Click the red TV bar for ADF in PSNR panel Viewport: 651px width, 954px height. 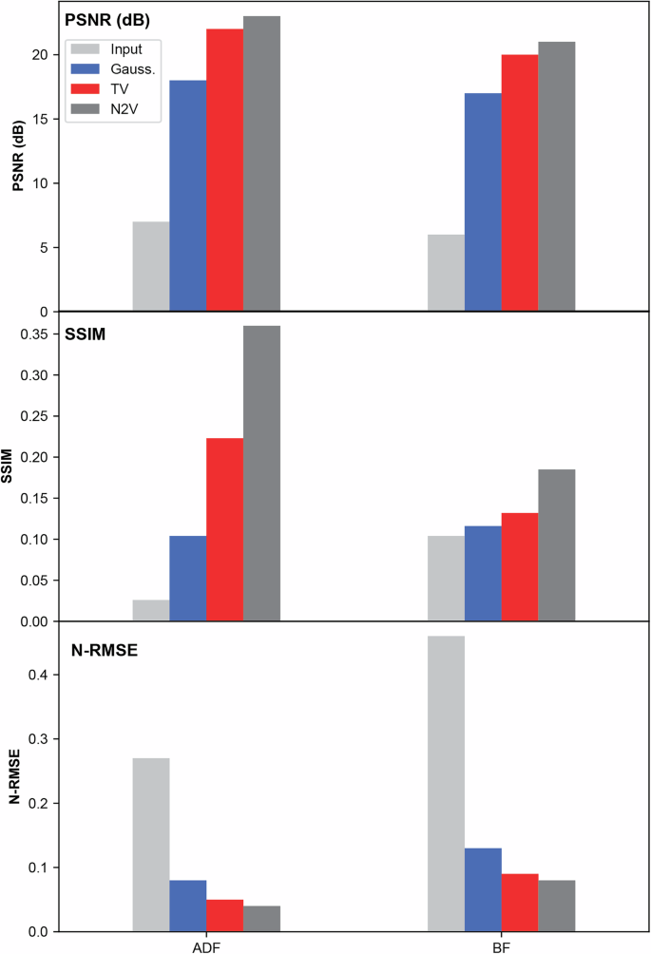tap(224, 170)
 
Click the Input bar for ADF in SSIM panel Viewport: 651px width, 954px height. tap(151, 610)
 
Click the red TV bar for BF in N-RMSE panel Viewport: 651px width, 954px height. tap(520, 902)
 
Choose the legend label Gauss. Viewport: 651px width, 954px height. tap(132, 69)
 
